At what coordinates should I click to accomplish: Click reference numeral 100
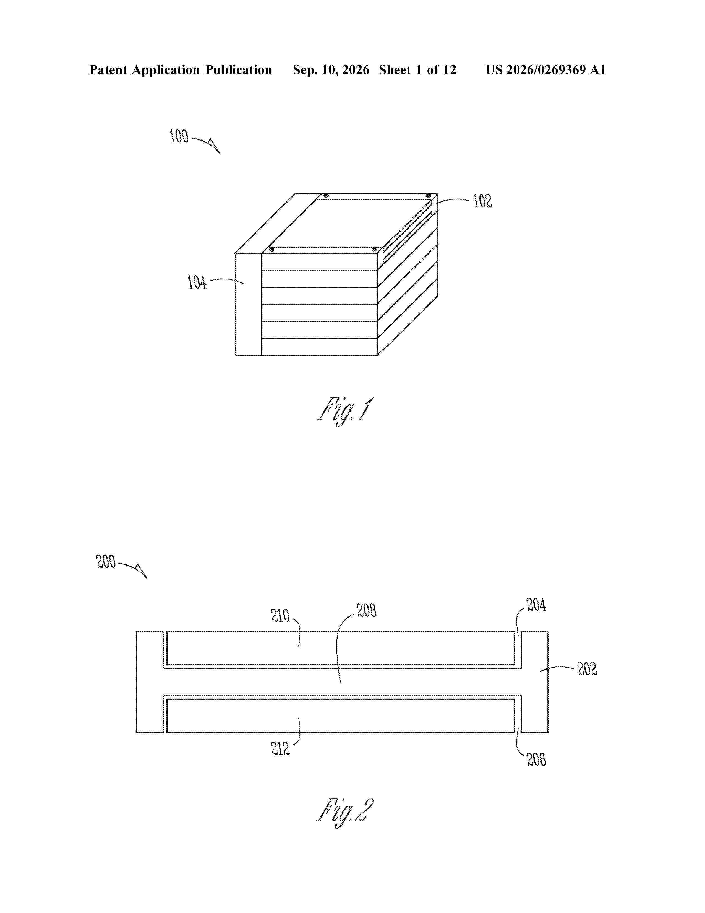point(179,137)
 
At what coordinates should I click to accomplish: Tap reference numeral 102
point(482,201)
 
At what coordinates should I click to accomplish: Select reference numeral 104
point(197,282)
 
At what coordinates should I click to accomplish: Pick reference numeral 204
point(536,605)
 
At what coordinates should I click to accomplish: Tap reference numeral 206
point(536,759)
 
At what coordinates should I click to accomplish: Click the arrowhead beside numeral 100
point(215,146)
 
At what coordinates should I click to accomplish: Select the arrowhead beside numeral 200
point(142,572)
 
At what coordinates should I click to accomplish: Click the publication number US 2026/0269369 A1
point(545,70)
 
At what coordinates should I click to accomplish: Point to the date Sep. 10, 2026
point(331,70)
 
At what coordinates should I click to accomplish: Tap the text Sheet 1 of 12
point(418,70)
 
